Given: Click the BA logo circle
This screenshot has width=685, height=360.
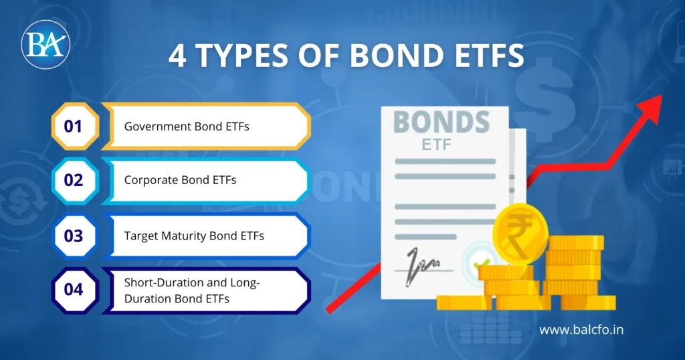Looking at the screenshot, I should (45, 44).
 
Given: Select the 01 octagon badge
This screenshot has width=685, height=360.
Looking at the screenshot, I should (74, 126).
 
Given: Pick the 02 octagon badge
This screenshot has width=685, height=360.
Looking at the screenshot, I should (74, 181).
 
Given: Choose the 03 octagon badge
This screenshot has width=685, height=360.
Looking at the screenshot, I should (74, 236).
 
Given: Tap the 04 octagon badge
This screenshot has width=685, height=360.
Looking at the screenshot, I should (74, 290).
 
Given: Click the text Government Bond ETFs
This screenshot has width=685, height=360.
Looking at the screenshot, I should (187, 126).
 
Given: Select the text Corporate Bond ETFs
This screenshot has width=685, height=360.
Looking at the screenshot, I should (180, 181).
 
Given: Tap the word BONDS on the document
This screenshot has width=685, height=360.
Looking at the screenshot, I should (441, 122).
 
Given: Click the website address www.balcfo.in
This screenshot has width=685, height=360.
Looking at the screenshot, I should (581, 329).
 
